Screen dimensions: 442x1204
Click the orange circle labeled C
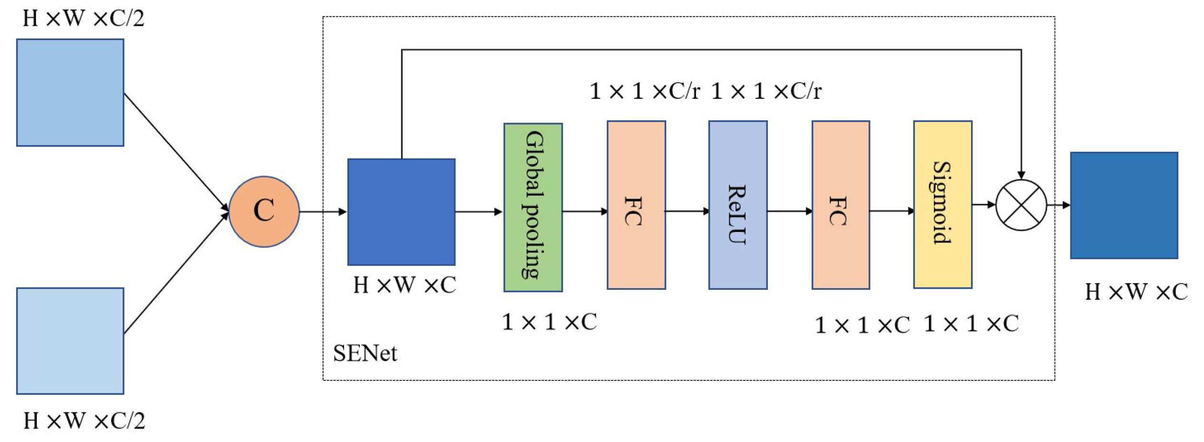[x=264, y=211]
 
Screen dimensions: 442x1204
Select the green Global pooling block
[x=533, y=207]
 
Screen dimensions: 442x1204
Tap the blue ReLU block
[x=738, y=205]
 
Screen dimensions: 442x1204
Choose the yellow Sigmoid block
[x=942, y=205]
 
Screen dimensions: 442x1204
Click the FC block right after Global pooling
[x=636, y=205]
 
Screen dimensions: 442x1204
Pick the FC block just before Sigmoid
[x=840, y=205]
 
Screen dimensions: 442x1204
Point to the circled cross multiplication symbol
[x=1021, y=205]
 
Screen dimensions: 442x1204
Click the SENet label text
[x=365, y=354]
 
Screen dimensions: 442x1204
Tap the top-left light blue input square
[x=70, y=93]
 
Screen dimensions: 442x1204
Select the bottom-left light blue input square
[x=70, y=341]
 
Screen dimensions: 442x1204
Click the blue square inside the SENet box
[x=401, y=212]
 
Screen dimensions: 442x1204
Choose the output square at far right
[x=1124, y=206]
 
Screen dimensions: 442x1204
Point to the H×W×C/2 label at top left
[x=83, y=18]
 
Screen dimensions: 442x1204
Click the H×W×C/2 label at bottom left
[x=84, y=421]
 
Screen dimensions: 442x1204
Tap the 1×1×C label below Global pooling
[x=549, y=322]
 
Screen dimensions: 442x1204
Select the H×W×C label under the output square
[x=1136, y=292]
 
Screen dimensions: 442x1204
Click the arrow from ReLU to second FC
[x=789, y=211]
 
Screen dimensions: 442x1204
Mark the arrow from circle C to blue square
[x=323, y=211]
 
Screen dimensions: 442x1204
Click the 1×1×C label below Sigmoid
[x=971, y=324]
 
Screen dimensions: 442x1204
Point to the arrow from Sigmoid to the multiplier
[x=984, y=205]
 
